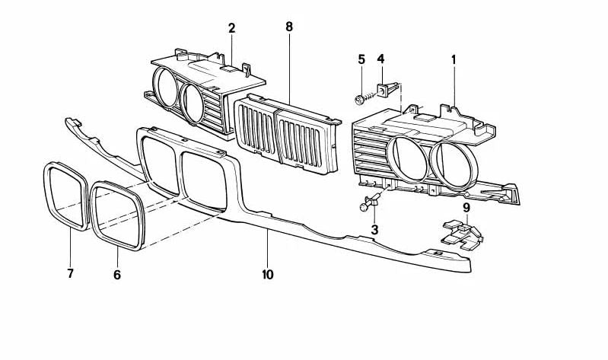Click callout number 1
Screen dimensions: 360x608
point(454,59)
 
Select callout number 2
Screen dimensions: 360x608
point(231,29)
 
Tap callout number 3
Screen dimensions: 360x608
point(374,228)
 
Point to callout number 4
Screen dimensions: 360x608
point(380,59)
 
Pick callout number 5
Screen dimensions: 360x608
point(361,59)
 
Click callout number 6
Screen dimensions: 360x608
point(117,275)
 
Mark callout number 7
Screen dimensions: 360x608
point(70,272)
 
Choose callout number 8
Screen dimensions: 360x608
point(289,27)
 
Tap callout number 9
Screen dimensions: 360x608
point(466,206)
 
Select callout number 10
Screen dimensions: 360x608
point(268,274)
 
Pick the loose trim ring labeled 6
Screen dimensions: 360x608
point(118,214)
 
